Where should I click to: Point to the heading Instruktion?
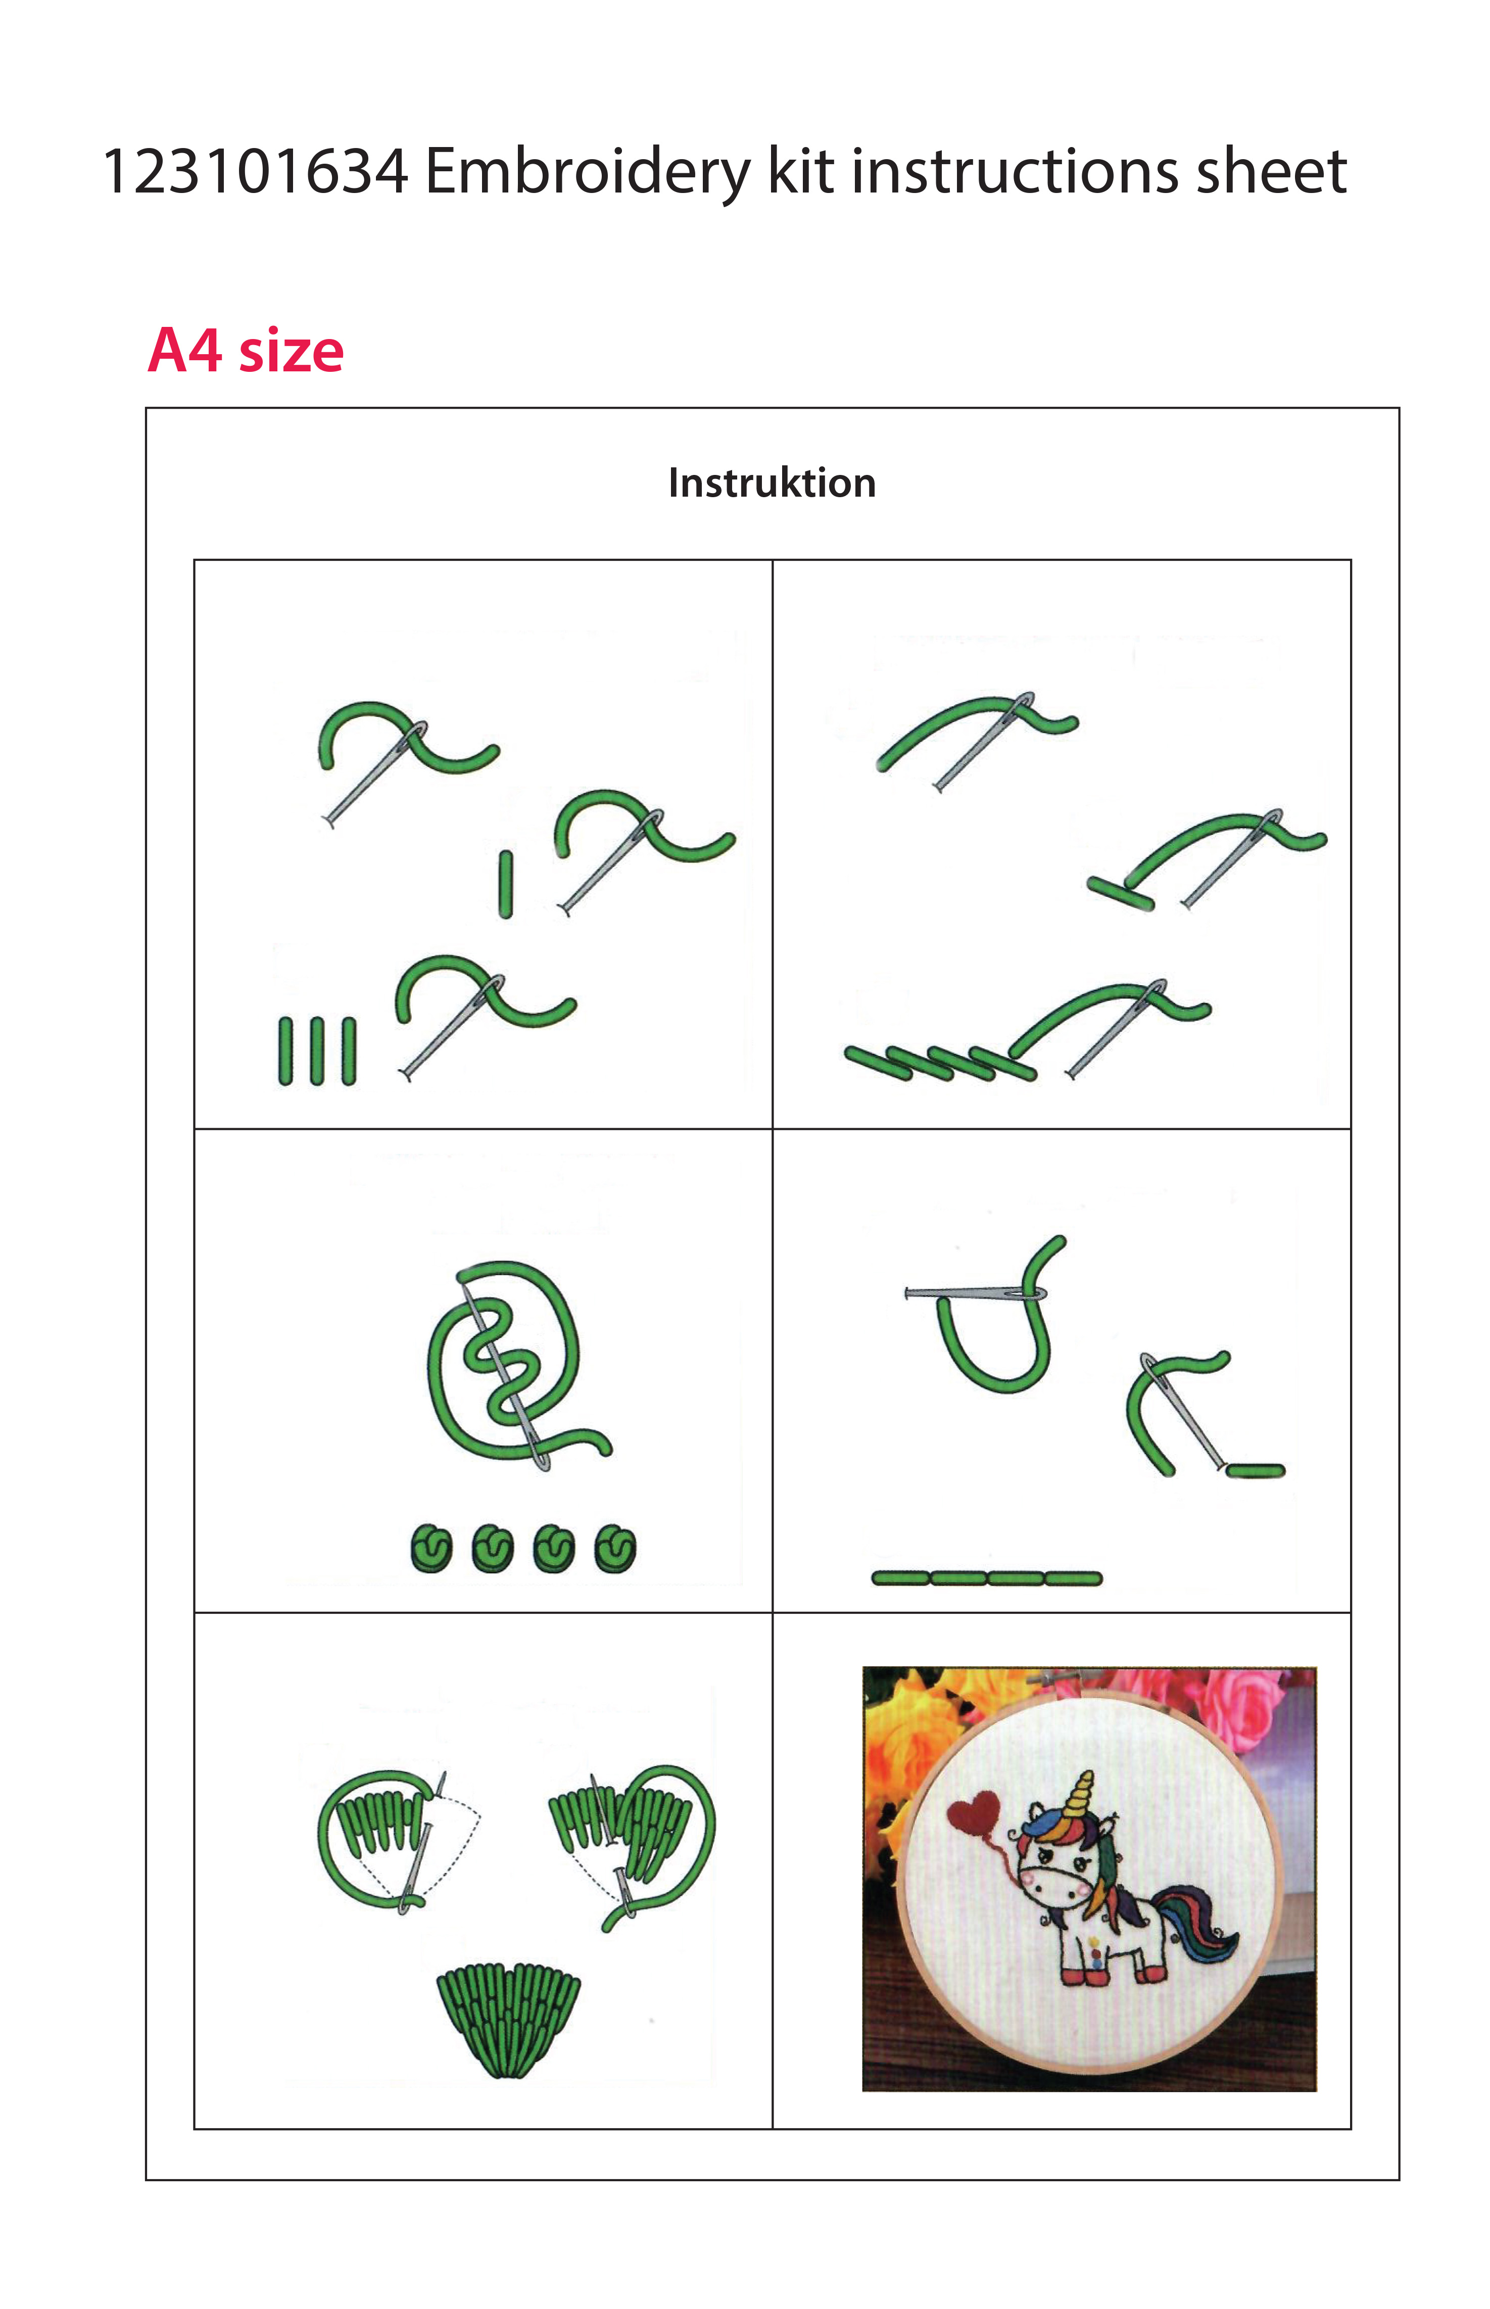pyautogui.click(x=772, y=483)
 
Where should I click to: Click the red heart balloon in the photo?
pyautogui.click(x=973, y=1811)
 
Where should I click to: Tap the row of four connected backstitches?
pyautogui.click(x=987, y=1578)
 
